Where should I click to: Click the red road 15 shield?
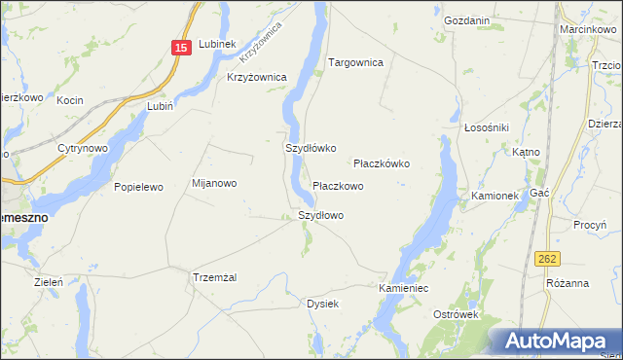click(180, 48)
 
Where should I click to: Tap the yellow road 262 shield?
click(547, 258)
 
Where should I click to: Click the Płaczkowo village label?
click(338, 185)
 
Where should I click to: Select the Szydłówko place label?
click(310, 149)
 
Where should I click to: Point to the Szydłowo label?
click(321, 215)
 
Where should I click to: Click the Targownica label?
click(355, 62)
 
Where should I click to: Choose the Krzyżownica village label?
click(256, 77)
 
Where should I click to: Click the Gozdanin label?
click(465, 20)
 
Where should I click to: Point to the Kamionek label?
click(495, 196)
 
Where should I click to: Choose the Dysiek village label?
click(321, 304)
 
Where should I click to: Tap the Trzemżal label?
click(214, 277)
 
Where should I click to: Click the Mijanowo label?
click(214, 182)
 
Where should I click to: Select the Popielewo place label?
click(138, 186)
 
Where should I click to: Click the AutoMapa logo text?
click(562, 342)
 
